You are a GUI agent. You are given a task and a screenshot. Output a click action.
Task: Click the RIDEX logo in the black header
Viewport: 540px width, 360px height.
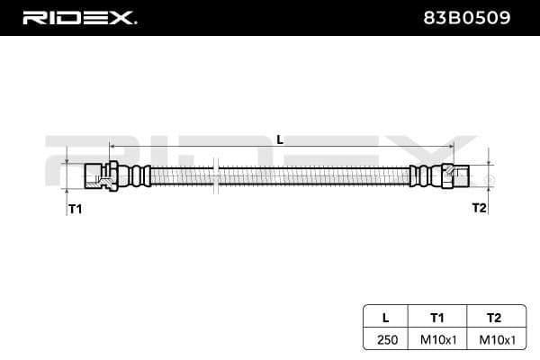78,17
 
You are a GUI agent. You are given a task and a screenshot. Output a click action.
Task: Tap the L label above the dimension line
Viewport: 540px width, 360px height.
279,139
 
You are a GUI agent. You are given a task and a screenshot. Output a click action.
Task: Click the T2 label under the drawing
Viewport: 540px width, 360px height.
479,207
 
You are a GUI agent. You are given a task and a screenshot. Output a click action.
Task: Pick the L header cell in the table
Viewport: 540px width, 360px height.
385,317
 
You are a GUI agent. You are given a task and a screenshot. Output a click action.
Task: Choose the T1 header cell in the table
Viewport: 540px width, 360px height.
437,317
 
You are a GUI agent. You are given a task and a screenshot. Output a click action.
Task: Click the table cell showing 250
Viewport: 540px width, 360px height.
385,339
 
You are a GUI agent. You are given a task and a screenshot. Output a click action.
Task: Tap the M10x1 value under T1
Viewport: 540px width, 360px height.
437,339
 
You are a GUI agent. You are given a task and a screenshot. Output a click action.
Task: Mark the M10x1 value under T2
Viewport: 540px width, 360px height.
493,339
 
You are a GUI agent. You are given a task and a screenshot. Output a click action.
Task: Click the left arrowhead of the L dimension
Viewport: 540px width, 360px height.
112,145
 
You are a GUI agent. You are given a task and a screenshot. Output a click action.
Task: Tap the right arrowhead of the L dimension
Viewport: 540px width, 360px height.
452,145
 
